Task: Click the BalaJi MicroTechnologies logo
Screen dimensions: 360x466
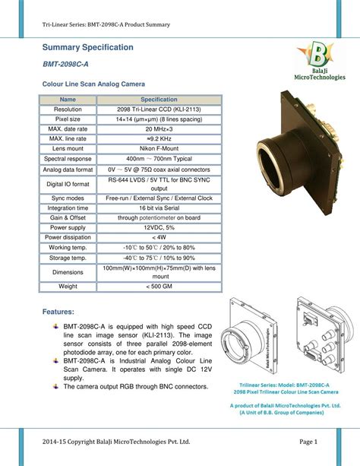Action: coord(318,62)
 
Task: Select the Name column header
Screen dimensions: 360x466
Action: coord(68,100)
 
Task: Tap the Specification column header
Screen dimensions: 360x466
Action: coord(159,100)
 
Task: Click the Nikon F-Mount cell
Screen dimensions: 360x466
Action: coord(159,148)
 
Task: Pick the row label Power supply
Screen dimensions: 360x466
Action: coord(68,227)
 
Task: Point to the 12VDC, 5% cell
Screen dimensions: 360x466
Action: coord(159,227)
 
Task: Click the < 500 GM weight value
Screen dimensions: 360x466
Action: coord(159,286)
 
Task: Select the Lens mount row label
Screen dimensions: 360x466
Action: coord(68,148)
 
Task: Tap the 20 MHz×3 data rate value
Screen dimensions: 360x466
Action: coord(159,128)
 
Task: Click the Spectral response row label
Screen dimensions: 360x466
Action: coord(68,158)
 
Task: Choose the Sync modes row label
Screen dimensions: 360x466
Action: coord(68,197)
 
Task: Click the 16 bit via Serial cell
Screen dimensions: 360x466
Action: coord(159,207)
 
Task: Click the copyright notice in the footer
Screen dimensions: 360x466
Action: coord(115,441)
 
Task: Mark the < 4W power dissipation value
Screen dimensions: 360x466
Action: coord(159,236)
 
